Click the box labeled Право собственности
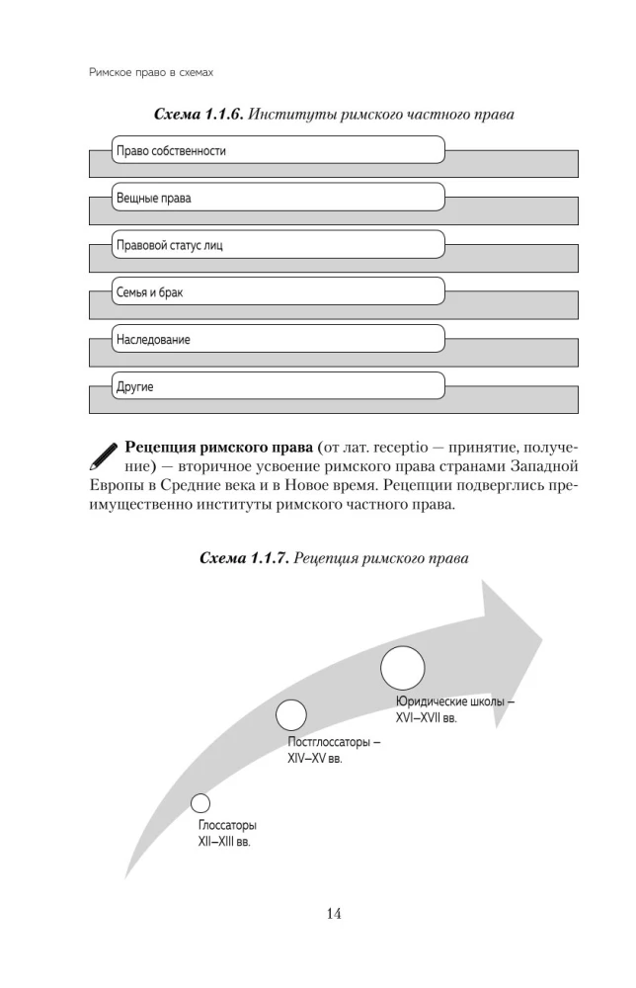coord(278,150)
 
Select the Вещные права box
coord(278,198)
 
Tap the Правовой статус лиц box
coord(278,245)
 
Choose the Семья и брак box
coord(278,292)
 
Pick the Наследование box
coord(278,340)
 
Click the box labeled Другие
coord(278,387)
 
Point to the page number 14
coord(333,914)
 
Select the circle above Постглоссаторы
coord(290,715)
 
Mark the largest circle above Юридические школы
coord(402,667)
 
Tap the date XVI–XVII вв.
coord(419,719)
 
